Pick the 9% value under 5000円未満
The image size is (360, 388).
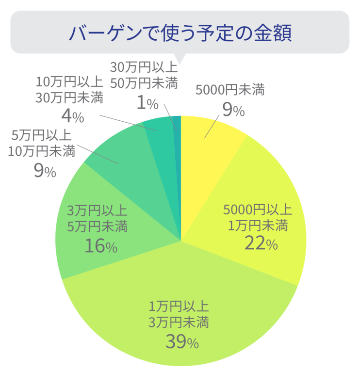click(x=233, y=110)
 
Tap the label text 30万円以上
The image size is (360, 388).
click(x=144, y=67)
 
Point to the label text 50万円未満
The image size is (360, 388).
click(x=144, y=82)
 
